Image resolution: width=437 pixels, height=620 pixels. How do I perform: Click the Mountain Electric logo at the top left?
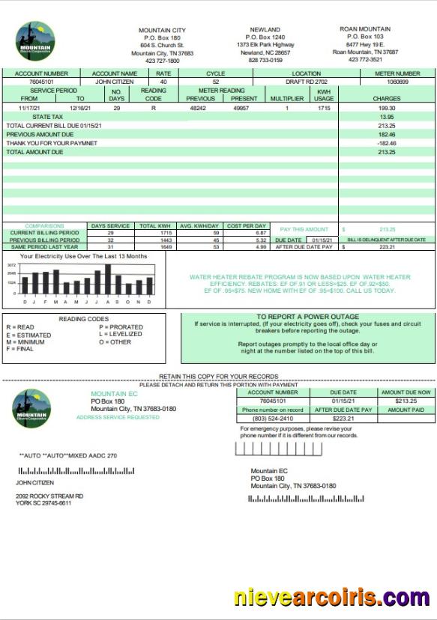pos(34,42)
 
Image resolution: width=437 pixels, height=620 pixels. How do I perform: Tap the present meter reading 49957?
pos(241,108)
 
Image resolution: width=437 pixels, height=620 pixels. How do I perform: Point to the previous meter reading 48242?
pos(198,108)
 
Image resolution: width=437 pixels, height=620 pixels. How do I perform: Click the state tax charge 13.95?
pos(386,117)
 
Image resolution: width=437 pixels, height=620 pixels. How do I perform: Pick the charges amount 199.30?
pos(386,108)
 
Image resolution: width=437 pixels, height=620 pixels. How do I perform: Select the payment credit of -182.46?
pos(386,143)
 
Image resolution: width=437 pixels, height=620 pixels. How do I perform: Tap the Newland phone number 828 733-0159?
pos(266,61)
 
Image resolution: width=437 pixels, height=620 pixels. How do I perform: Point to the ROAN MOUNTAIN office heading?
pos(364,29)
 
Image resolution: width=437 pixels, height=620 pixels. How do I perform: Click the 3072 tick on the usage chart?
pos(11,266)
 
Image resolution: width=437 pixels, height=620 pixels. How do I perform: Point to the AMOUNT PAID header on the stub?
pos(406,410)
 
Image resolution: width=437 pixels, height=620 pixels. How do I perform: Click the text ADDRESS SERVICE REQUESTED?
pos(118,417)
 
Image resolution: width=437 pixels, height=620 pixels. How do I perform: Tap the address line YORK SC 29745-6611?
pos(43,503)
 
